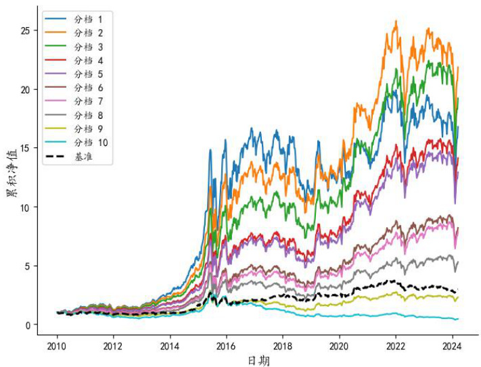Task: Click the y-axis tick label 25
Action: coord(26,31)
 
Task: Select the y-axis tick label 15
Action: coord(26,148)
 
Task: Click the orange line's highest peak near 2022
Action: coord(396,21)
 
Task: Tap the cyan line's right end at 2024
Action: coord(457,319)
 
